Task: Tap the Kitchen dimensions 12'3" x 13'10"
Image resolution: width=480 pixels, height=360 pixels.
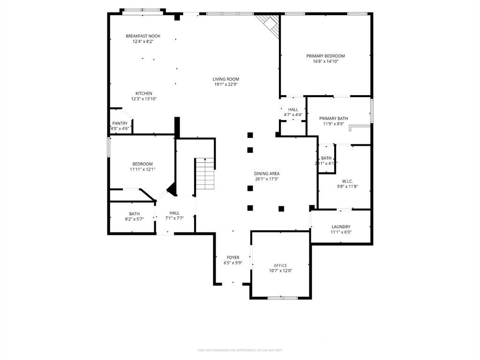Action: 144,99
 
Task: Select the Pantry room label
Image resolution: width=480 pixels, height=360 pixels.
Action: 120,123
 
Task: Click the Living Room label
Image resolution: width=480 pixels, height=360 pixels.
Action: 226,79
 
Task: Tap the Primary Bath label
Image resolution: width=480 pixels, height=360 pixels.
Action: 333,119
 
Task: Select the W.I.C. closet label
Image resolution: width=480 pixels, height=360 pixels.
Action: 347,181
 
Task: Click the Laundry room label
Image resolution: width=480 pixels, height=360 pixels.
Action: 341,227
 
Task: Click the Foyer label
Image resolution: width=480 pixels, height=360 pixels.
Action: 233,257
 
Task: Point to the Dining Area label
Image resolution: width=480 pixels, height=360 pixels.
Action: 267,173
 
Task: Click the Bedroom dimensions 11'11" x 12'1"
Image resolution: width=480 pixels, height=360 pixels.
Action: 142,169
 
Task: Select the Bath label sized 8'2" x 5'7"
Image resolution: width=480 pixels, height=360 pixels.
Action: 134,214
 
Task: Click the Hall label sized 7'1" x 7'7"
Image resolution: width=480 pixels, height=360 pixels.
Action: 174,213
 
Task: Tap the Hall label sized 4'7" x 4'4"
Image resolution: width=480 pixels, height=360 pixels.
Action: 293,110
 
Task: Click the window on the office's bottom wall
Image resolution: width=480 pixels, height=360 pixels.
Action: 282,297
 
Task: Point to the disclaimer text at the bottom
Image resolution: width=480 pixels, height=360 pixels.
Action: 240,350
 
